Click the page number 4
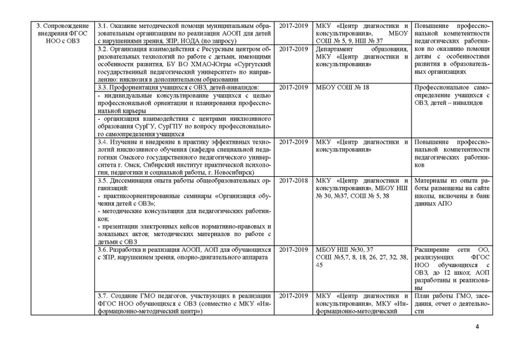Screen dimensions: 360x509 click(477, 328)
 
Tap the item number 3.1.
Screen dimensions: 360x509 click(104, 25)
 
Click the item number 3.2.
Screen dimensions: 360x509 click(104, 48)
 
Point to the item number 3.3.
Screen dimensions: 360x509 click(104, 87)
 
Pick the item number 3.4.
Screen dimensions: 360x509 click(104, 142)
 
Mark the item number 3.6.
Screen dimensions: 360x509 click(104, 251)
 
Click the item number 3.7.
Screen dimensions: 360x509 click(104, 297)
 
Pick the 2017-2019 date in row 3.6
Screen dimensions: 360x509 click(294, 251)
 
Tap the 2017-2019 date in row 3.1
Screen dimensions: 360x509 click(294, 25)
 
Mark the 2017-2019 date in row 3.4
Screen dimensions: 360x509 click(294, 142)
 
